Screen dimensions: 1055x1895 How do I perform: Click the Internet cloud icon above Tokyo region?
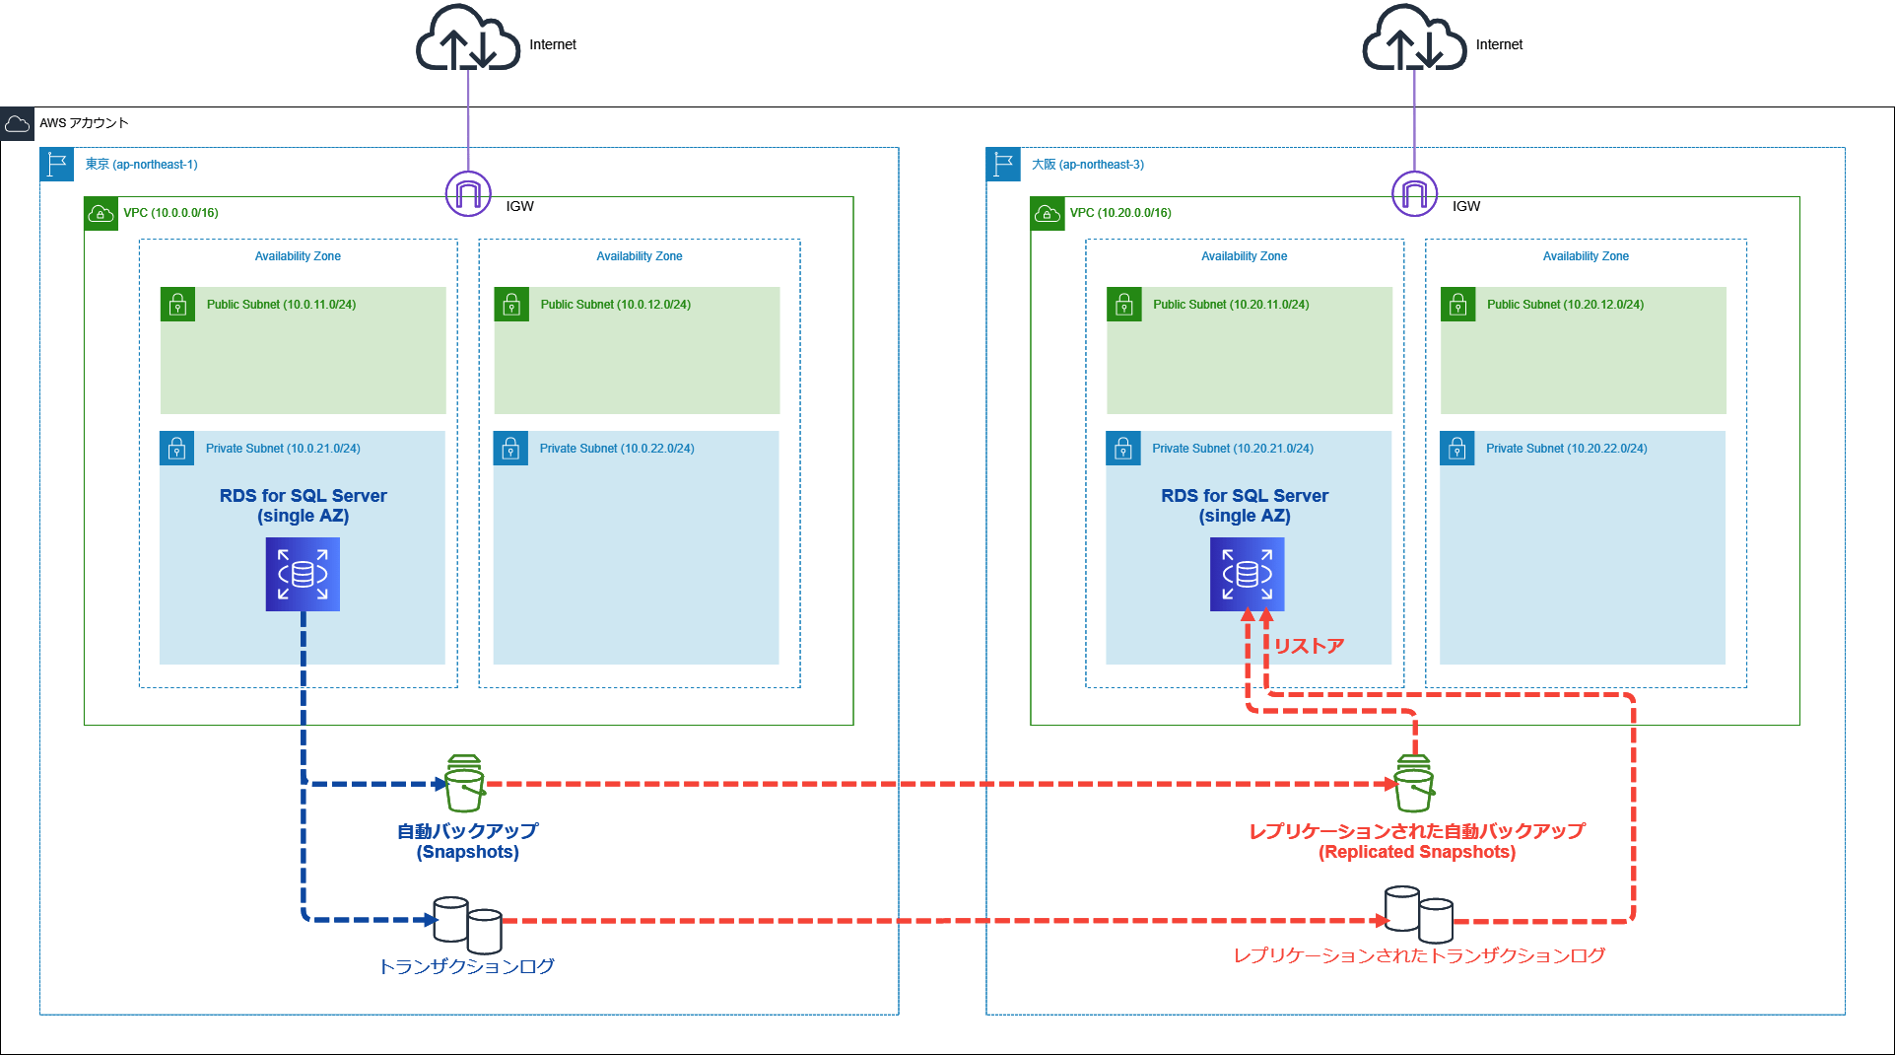467,39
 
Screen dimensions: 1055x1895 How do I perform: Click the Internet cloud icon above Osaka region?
1414,39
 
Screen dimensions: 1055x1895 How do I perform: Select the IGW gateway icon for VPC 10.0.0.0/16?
468,193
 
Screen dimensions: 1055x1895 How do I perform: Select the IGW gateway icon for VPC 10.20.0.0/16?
1414,193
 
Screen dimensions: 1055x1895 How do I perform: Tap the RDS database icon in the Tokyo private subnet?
303,574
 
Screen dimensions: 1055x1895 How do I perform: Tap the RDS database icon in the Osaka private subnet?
1247,574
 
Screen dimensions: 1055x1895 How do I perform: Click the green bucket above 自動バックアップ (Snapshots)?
464,783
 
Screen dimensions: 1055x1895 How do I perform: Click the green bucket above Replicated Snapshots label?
1414,783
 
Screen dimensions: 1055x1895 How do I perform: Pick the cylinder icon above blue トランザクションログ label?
468,924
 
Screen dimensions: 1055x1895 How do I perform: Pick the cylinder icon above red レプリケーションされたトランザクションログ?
1418,913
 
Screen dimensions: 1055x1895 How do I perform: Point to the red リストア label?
1309,646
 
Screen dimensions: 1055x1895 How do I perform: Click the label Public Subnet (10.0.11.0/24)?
281,305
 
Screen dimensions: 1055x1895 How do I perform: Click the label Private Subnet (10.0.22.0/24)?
616,449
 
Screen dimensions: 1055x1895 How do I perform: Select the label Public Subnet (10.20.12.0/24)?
1565,305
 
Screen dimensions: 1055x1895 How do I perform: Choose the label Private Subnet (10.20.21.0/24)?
1232,449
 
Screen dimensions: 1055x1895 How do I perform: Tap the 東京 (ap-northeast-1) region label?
141,165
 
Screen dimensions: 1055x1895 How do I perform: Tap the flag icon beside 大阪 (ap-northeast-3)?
1003,164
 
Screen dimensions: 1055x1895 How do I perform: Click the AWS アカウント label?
84,123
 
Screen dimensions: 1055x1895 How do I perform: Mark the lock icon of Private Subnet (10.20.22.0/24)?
1456,449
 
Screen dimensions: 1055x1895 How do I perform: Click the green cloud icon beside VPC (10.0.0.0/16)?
101,213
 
